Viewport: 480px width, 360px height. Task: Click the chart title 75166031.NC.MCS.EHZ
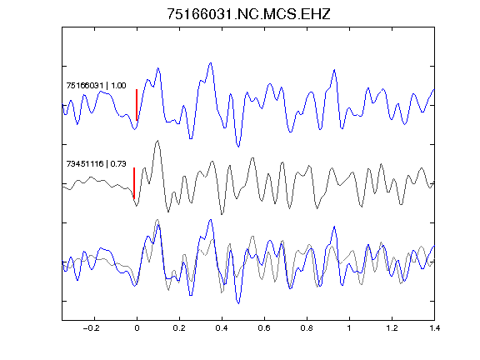coord(248,14)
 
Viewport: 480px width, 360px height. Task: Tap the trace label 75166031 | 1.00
coord(96,85)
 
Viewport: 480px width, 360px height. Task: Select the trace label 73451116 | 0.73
coord(96,164)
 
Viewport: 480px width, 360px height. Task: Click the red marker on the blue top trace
coord(137,105)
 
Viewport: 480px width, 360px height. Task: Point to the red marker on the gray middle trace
coord(134,183)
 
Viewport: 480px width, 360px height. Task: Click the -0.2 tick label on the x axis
coord(92,328)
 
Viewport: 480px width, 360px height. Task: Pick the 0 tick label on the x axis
coord(137,328)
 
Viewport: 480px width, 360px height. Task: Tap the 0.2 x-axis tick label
coord(179,328)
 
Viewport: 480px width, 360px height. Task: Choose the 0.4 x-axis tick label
coord(222,328)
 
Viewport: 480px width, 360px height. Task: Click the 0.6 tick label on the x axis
coord(264,328)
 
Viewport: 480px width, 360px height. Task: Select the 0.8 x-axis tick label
coord(307,328)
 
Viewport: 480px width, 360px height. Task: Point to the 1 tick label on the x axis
coord(349,328)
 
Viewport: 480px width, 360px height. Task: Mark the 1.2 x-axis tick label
coord(392,328)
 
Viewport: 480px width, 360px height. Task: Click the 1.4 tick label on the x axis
coord(434,328)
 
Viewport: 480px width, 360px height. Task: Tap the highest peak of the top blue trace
coord(211,63)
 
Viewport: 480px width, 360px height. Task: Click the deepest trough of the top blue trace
coord(238,147)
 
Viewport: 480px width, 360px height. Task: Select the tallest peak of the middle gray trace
coord(157,141)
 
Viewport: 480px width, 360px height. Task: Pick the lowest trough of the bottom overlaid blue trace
coord(238,303)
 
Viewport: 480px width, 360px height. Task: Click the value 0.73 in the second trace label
coord(118,164)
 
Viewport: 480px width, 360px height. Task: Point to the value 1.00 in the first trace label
coord(118,85)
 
